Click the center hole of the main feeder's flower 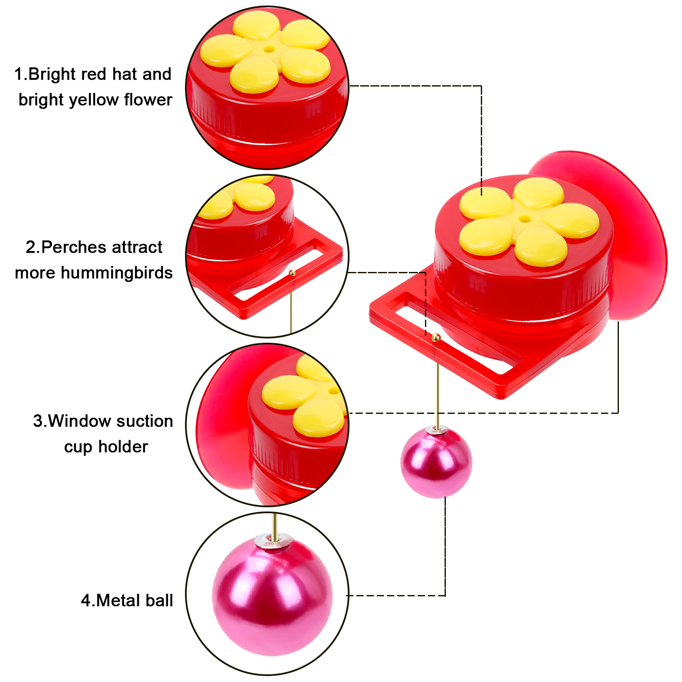525,219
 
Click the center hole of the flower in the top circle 269,49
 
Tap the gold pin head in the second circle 292,273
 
